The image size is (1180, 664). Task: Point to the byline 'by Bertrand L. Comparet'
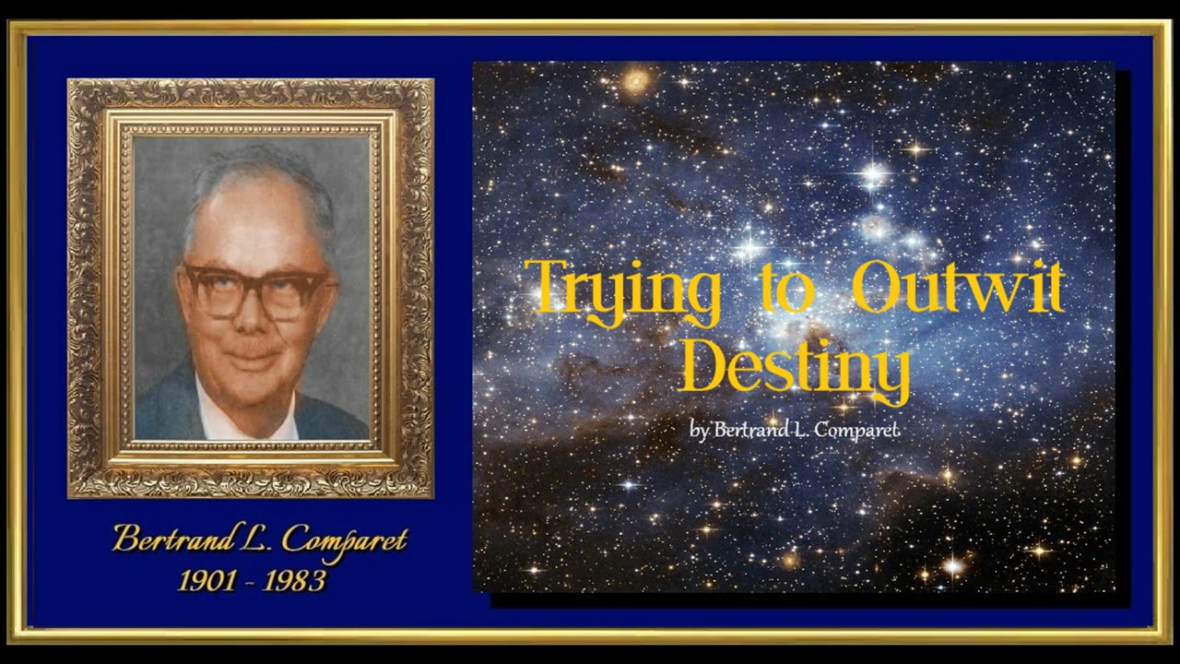point(794,429)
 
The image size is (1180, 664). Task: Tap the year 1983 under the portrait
point(294,581)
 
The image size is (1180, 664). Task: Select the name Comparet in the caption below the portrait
point(343,540)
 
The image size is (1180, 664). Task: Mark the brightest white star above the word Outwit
point(872,173)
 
